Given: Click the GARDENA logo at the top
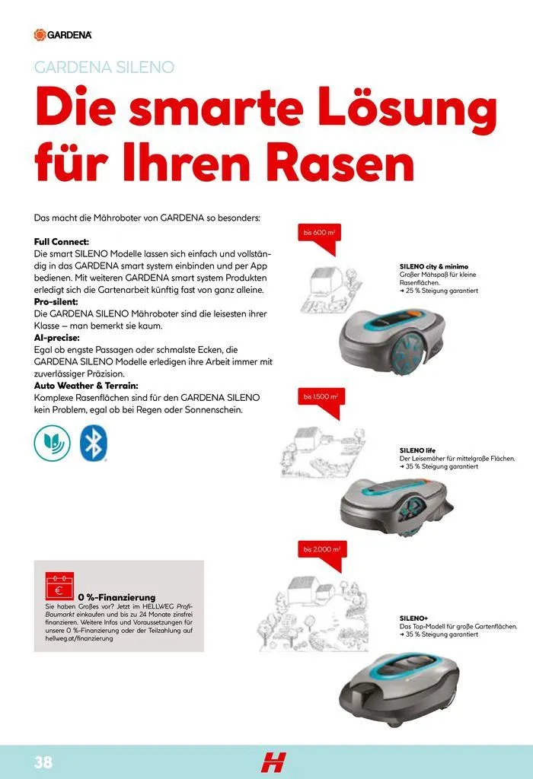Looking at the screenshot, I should [63, 34].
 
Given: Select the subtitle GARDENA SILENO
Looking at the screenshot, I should [104, 67].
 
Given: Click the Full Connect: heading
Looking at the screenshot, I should [62, 241].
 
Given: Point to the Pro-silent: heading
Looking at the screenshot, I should [59, 302].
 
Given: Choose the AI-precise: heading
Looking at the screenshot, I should [57, 338].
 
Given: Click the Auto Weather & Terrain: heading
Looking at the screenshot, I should [86, 386].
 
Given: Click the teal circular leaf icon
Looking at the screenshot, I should [52, 441].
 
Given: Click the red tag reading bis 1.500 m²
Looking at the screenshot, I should [321, 397].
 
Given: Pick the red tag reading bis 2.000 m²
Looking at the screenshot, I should [321, 549].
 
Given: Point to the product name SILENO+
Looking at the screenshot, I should [414, 618].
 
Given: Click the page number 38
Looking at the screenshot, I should [42, 762].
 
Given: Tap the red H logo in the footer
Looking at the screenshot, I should [272, 762].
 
